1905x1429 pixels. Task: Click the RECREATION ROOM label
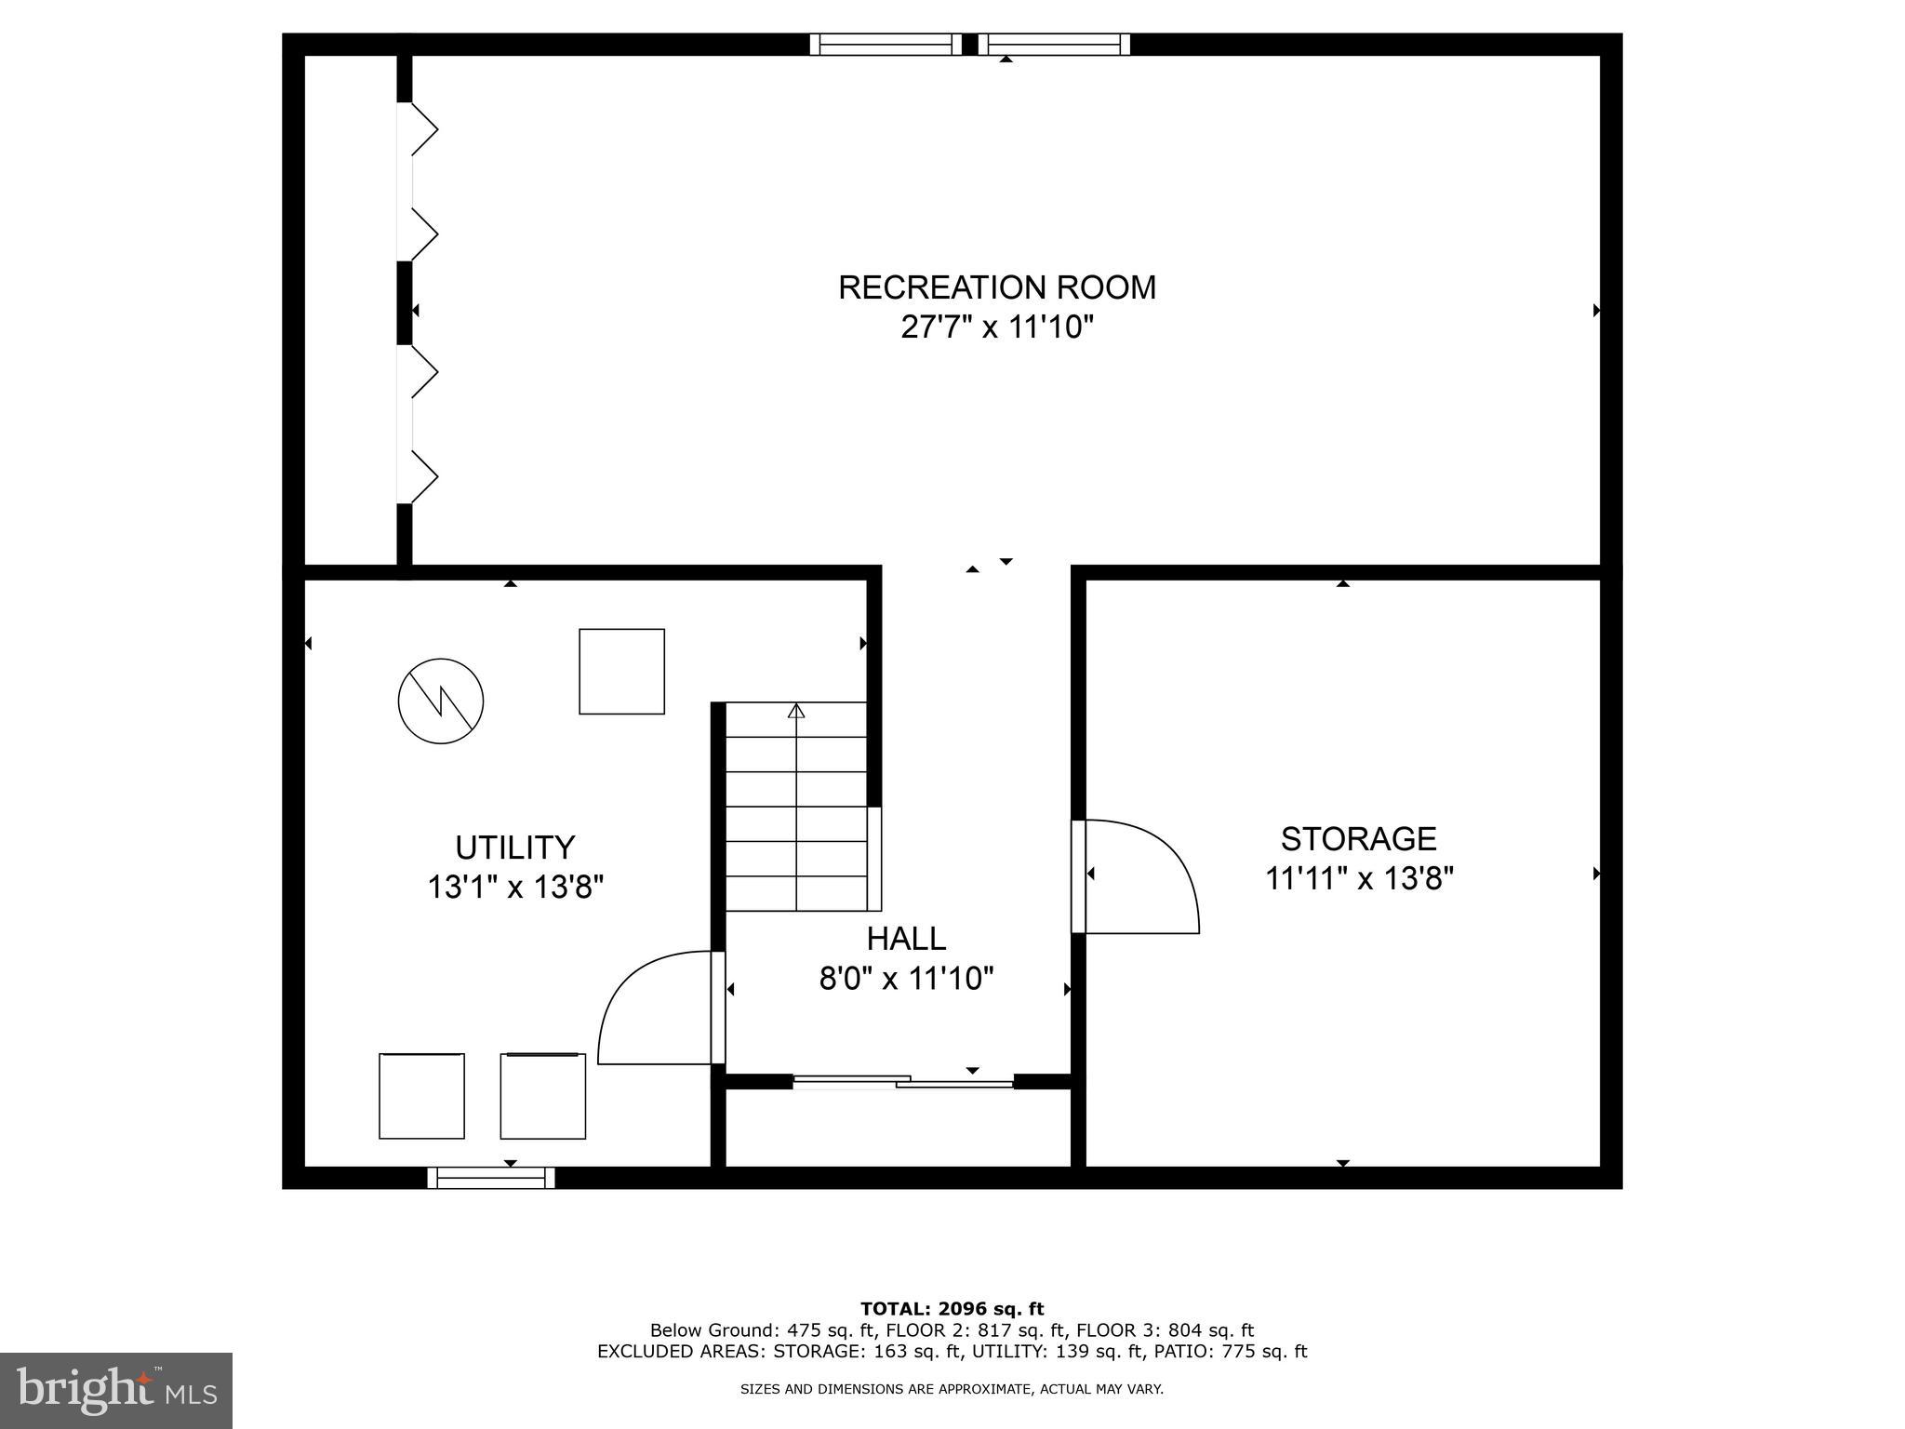click(996, 287)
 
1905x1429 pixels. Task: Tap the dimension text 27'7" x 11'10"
click(996, 327)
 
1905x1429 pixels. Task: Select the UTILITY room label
click(514, 848)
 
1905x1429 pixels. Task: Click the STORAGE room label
click(1358, 839)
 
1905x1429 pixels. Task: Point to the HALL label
click(906, 939)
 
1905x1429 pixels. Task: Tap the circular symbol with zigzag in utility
click(441, 701)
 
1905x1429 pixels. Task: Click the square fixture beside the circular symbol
click(621, 672)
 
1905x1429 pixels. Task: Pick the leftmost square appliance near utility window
click(421, 1096)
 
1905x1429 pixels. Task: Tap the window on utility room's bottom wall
click(491, 1178)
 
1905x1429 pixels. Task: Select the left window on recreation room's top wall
click(885, 44)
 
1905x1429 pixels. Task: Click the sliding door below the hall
click(902, 1081)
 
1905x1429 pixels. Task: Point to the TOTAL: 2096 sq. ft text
click(952, 1309)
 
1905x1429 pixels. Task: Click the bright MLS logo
click(115, 1390)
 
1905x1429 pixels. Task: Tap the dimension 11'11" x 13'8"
click(1358, 878)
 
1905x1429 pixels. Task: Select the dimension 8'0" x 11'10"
click(906, 979)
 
